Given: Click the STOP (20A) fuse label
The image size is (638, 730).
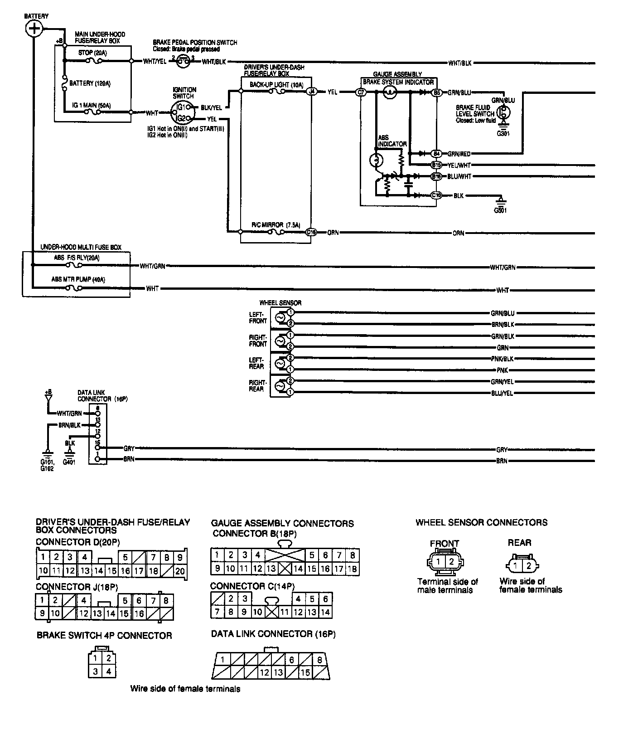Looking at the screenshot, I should [92, 53].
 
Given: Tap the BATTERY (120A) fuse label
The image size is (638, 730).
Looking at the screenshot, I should [90, 83].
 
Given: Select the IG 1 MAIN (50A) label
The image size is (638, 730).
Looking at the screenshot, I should [92, 106].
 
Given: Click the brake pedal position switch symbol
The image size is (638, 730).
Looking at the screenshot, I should [183, 61].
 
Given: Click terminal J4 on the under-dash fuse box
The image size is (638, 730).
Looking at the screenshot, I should [311, 92].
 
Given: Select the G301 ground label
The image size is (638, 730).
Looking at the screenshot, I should [503, 134].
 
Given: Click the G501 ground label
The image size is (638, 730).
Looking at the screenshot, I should [501, 210].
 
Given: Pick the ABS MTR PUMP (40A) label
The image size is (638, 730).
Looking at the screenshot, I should [78, 280].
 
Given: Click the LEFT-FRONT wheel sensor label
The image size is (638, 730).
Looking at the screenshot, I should [258, 317].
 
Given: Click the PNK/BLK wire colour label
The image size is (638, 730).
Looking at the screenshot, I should [502, 359].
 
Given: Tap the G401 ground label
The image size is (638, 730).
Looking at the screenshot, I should [69, 462].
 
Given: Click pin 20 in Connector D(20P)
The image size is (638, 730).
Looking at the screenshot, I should [180, 571].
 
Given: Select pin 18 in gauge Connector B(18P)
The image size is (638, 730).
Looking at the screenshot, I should [352, 569].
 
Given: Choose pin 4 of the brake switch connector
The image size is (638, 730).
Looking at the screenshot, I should [109, 672].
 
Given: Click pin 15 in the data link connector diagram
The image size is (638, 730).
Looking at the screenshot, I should [305, 672].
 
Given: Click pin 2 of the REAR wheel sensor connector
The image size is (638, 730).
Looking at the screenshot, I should [528, 566].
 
